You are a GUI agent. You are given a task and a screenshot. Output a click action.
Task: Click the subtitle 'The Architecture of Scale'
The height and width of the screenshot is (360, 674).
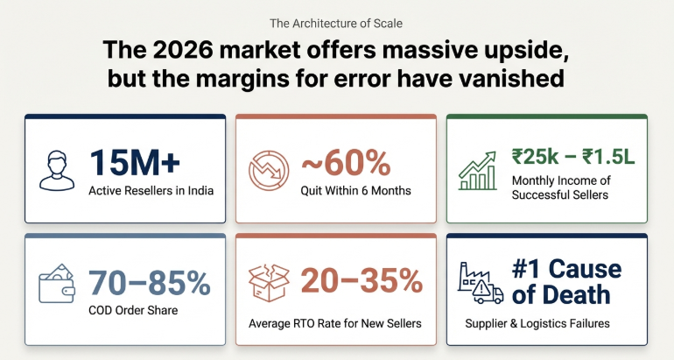click(337, 23)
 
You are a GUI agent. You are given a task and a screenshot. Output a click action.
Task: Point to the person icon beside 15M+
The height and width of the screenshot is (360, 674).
click(57, 170)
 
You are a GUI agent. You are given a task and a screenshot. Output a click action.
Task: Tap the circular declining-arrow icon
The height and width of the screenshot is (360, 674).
click(267, 170)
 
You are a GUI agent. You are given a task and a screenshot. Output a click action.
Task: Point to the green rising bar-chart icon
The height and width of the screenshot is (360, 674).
click(481, 169)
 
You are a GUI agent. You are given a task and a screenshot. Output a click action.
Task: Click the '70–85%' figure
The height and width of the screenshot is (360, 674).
click(149, 282)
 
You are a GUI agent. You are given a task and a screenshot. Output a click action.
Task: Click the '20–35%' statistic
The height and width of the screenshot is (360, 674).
click(362, 281)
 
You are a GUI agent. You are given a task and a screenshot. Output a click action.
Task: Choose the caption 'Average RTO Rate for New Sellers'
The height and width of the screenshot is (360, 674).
click(336, 323)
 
